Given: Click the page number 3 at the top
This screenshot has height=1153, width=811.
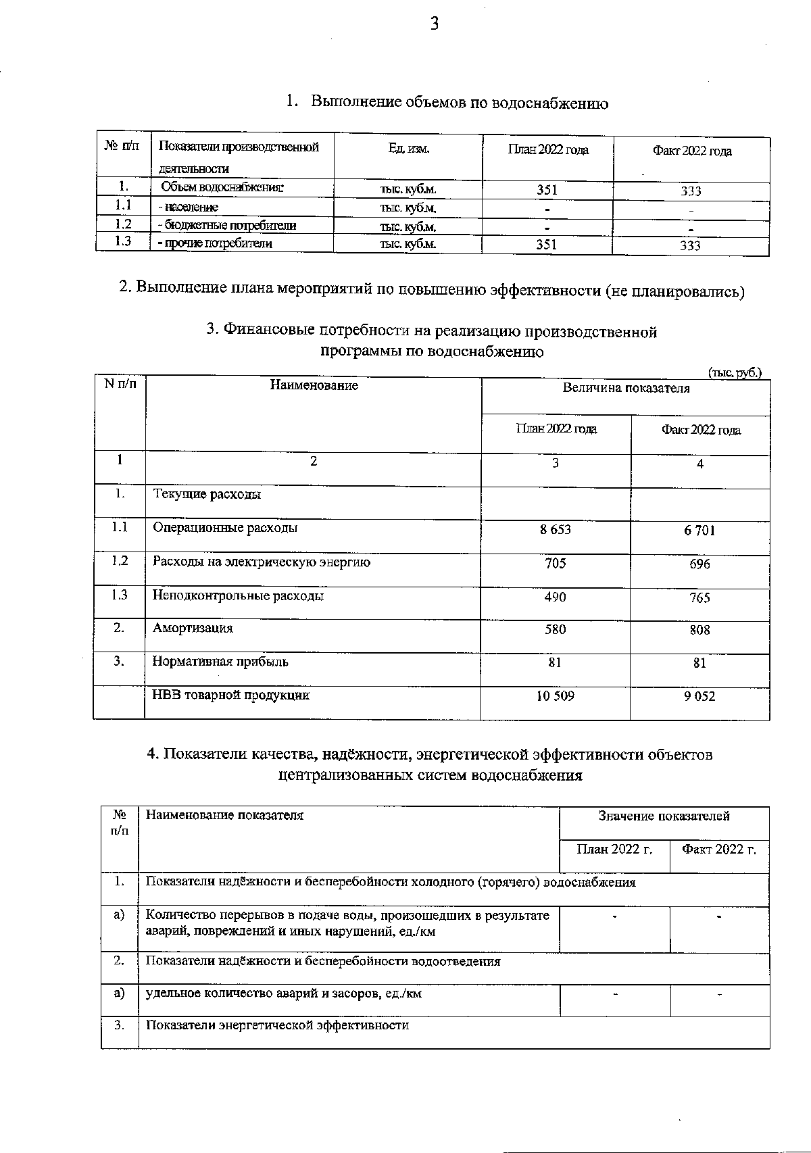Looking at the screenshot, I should pos(435,24).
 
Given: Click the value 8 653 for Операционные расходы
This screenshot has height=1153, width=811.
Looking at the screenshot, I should pos(555,530).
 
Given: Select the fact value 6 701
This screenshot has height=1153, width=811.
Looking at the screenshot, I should pos(699,531).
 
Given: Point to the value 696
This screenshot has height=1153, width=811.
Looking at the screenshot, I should pos(699,564).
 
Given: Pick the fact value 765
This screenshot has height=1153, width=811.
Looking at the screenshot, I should pos(699,598).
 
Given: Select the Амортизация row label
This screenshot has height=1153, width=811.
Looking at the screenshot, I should pos(193,629).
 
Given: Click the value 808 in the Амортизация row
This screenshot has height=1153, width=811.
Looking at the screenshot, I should pos(699,630).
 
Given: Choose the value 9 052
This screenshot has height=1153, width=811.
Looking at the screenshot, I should pos(699,696).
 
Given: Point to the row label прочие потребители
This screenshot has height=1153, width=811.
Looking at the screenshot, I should pos(214,243).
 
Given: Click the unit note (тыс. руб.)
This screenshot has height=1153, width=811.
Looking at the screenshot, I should pos(735,372).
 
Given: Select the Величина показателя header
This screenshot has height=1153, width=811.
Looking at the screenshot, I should pos(626,389).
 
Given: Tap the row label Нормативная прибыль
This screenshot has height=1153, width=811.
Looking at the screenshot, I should pos(220,662).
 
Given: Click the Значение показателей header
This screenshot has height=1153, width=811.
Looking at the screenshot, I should pos(664,816).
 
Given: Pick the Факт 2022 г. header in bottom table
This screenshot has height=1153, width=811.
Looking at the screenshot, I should pos(718,850).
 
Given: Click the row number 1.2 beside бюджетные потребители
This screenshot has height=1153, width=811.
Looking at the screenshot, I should pos(123,224).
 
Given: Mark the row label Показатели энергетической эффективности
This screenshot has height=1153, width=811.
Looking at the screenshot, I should pos(277,1025).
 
